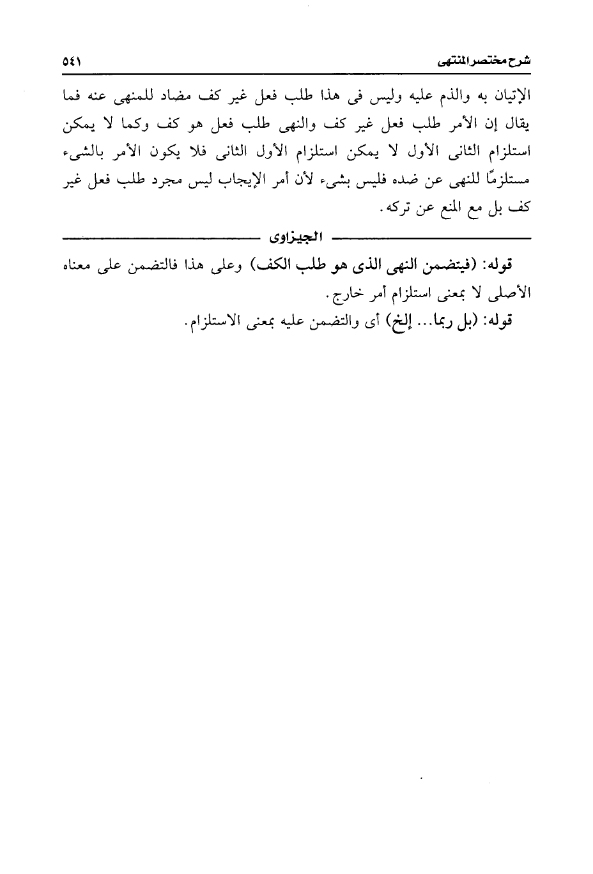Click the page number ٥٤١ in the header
click(x=72, y=63)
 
